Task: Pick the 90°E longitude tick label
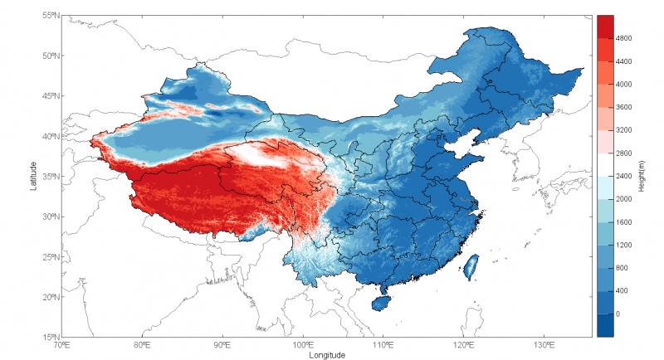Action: click(x=222, y=345)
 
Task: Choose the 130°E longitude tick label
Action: click(x=544, y=345)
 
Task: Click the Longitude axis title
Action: click(x=325, y=354)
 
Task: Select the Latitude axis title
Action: click(x=33, y=176)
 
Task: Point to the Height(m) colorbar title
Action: click(x=643, y=177)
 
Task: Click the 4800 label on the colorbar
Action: click(x=625, y=38)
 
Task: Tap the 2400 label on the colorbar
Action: click(x=625, y=176)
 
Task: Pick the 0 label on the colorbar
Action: click(x=618, y=314)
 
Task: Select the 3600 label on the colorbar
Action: click(x=625, y=107)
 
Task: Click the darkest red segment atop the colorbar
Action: click(x=605, y=25)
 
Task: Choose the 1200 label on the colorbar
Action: click(x=625, y=246)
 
